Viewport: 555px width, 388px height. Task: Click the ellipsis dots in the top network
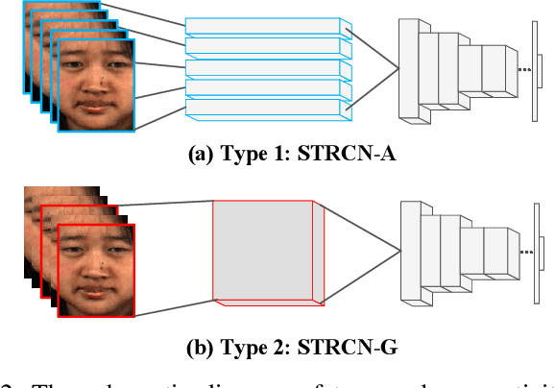pyautogui.click(x=524, y=70)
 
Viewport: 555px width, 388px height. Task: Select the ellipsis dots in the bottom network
pyautogui.click(x=524, y=252)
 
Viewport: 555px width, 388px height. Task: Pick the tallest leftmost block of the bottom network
pyautogui.click(x=411, y=252)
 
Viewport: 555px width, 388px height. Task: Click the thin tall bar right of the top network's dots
pyautogui.click(x=533, y=69)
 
